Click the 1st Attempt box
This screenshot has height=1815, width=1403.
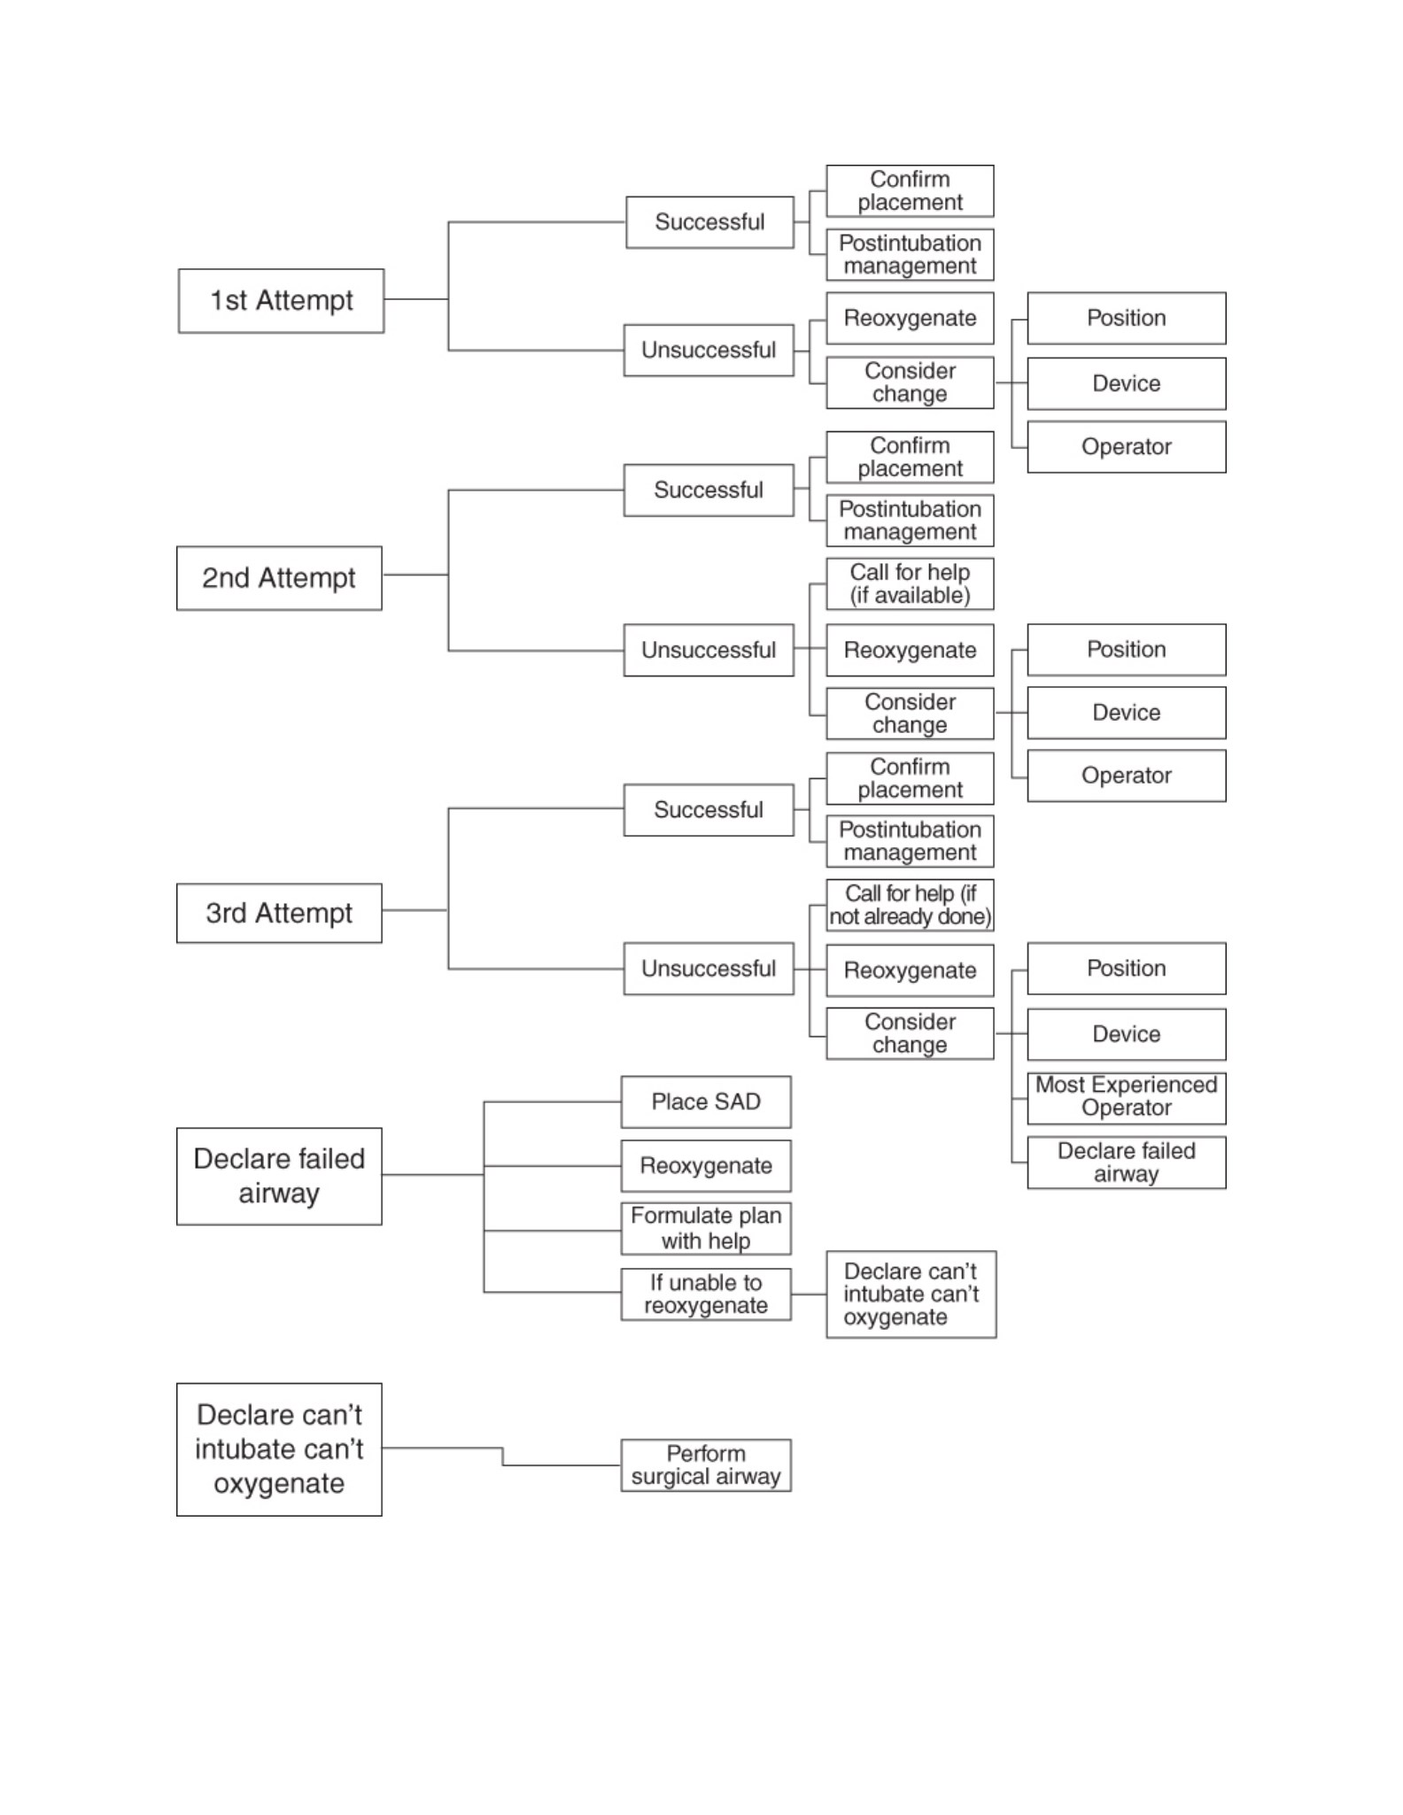pyautogui.click(x=281, y=301)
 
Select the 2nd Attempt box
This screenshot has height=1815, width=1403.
pyautogui.click(x=279, y=578)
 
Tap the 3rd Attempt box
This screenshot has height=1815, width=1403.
pyautogui.click(x=279, y=913)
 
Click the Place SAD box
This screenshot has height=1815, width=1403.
pyautogui.click(x=706, y=1102)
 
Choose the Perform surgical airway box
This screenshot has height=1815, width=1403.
pyautogui.click(x=706, y=1465)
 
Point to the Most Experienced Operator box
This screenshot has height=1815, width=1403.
pyautogui.click(x=1127, y=1098)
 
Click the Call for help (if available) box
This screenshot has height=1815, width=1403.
pyautogui.click(x=910, y=583)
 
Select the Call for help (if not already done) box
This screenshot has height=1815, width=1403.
pyautogui.click(x=910, y=905)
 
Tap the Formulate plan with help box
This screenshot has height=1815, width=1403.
pyautogui.click(x=706, y=1228)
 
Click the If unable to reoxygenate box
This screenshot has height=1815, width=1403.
pyautogui.click(x=706, y=1294)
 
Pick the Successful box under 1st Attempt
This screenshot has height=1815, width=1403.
pyautogui.click(x=709, y=222)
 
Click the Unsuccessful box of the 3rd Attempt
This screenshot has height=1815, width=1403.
pyautogui.click(x=709, y=969)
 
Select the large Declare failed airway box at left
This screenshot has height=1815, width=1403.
pyautogui.click(x=279, y=1177)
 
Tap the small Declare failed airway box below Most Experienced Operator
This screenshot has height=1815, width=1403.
pyautogui.click(x=1127, y=1162)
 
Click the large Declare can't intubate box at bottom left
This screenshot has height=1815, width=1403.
pyautogui.click(x=279, y=1449)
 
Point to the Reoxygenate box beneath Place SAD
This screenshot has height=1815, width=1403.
pyautogui.click(x=706, y=1166)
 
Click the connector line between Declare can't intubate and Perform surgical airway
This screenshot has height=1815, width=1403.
pyautogui.click(x=503, y=1456)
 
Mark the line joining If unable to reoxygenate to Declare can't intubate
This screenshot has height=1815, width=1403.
pyautogui.click(x=809, y=1294)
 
